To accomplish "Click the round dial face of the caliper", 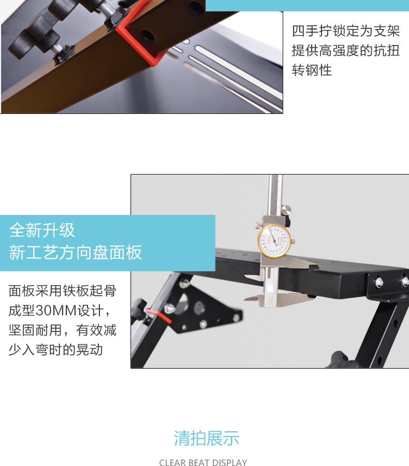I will (274, 241).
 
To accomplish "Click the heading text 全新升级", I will (42, 230).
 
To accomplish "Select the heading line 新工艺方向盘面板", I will (76, 252).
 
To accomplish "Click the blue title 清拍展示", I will (207, 438).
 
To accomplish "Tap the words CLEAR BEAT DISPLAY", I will (203, 462).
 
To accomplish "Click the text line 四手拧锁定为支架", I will (346, 31).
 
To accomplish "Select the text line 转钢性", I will (312, 70).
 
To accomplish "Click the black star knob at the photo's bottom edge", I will (344, 359).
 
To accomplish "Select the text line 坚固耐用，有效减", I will (63, 330).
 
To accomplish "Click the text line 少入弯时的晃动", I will (56, 349).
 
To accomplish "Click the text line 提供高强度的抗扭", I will (346, 50).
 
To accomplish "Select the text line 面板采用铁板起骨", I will (63, 290).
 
